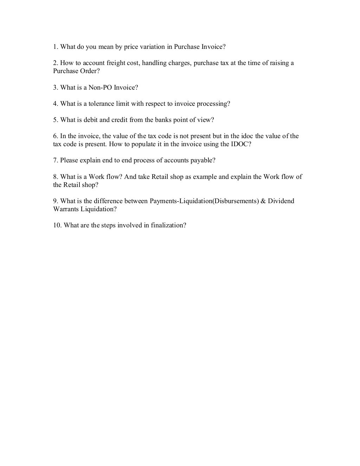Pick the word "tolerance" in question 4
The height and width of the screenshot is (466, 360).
pyautogui.click(x=101, y=104)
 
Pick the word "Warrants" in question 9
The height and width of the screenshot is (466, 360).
pyautogui.click(x=66, y=209)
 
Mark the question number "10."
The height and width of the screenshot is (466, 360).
pyautogui.click(x=58, y=225)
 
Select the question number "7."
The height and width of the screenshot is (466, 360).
pyautogui.click(x=56, y=160)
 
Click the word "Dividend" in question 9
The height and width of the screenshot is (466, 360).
pyautogui.click(x=281, y=201)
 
